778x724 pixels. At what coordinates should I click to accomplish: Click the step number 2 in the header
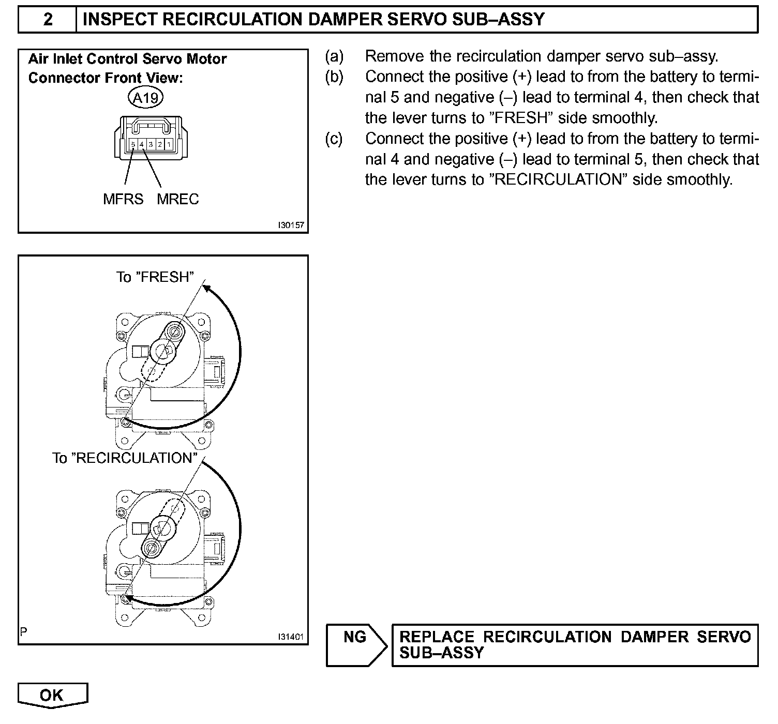pyautogui.click(x=48, y=20)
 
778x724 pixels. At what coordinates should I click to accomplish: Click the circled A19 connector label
pyautogui.click(x=146, y=97)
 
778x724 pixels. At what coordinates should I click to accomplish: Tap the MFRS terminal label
pyautogui.click(x=123, y=199)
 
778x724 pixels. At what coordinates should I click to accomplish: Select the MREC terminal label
pyautogui.click(x=177, y=199)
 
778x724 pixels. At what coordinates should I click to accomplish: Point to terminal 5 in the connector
pyautogui.click(x=133, y=144)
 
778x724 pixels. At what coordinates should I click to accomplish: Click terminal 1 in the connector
pyautogui.click(x=169, y=144)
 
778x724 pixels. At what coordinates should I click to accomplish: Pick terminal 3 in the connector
pyautogui.click(x=151, y=144)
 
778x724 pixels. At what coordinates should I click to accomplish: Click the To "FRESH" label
pyautogui.click(x=155, y=277)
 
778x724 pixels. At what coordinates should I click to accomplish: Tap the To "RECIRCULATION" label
pyautogui.click(x=125, y=458)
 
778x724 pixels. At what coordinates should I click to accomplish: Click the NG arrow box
pyautogui.click(x=356, y=644)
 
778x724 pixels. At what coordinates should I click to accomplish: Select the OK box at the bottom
pyautogui.click(x=52, y=695)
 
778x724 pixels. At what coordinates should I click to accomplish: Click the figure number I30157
pyautogui.click(x=290, y=225)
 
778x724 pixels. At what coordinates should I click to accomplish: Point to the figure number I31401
pyautogui.click(x=290, y=637)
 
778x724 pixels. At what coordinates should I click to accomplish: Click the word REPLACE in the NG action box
pyautogui.click(x=437, y=637)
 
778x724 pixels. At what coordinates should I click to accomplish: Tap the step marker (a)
pyautogui.click(x=334, y=56)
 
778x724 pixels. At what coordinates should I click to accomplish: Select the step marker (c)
pyautogui.click(x=334, y=139)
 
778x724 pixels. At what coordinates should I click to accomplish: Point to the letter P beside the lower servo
pyautogui.click(x=23, y=631)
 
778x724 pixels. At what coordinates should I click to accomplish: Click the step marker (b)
pyautogui.click(x=334, y=77)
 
